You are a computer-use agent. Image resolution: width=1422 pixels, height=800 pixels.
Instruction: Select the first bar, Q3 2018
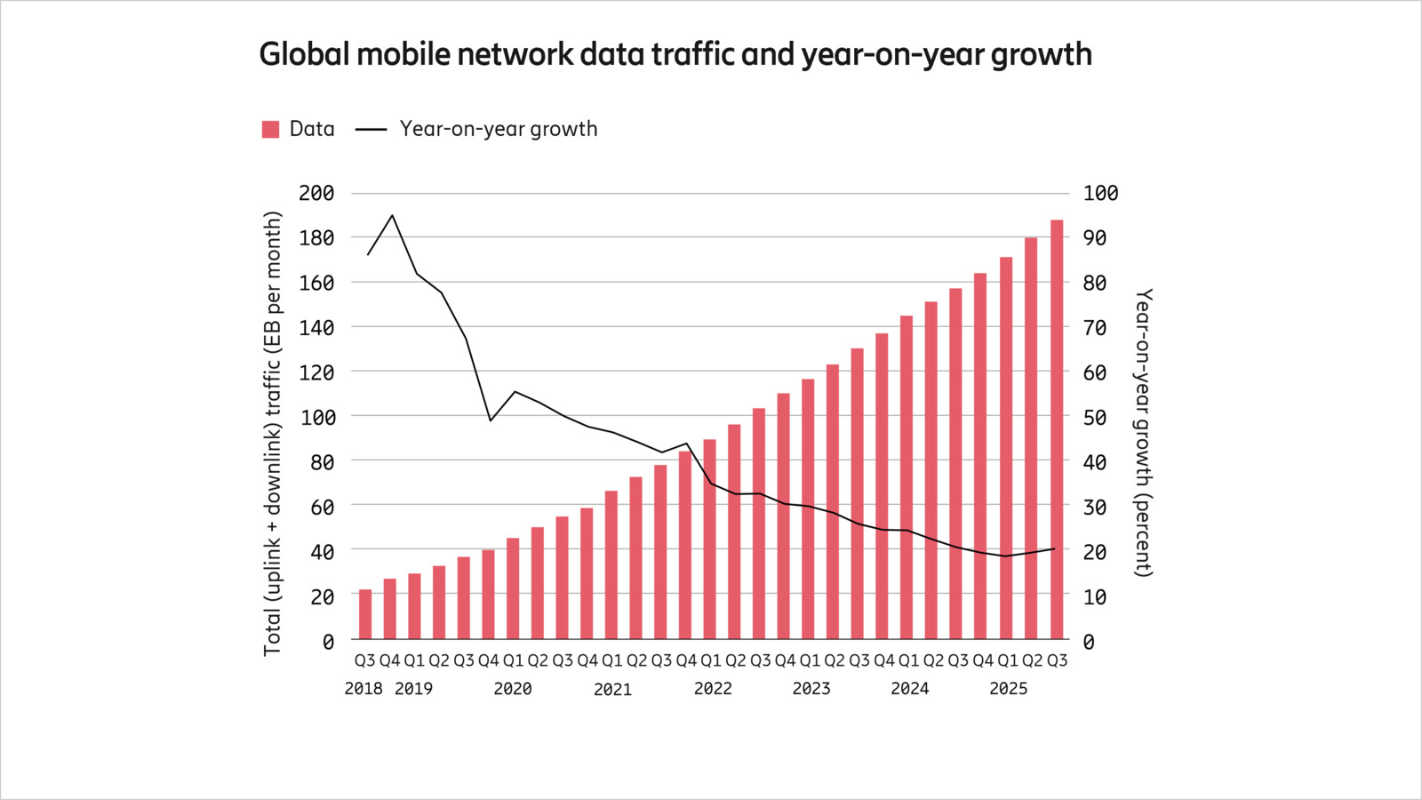point(365,614)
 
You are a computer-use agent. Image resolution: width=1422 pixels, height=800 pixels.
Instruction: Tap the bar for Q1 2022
point(710,539)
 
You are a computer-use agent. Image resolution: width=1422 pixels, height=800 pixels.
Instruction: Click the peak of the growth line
point(393,215)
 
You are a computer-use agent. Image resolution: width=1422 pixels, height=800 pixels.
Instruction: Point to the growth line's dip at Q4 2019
point(490,420)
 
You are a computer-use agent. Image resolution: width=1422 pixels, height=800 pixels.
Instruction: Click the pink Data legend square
point(271,130)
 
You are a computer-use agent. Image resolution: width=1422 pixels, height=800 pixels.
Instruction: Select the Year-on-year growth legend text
point(498,130)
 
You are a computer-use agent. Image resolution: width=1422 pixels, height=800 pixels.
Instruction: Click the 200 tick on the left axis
point(316,193)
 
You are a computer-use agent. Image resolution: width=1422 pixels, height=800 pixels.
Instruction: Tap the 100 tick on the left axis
point(316,417)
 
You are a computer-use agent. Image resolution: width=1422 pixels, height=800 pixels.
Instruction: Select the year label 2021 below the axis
point(612,689)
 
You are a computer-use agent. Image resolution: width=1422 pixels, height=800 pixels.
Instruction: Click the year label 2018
point(363,689)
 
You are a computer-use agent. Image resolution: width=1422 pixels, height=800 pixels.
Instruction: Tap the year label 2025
point(1008,689)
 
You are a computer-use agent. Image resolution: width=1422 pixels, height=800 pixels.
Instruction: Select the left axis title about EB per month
point(273,434)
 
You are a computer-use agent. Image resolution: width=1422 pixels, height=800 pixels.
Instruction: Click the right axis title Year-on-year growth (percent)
point(1144,432)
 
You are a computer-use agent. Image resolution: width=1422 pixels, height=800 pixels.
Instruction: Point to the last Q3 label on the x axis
point(1057,661)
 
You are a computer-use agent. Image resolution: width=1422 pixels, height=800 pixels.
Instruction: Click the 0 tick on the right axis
point(1089,641)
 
